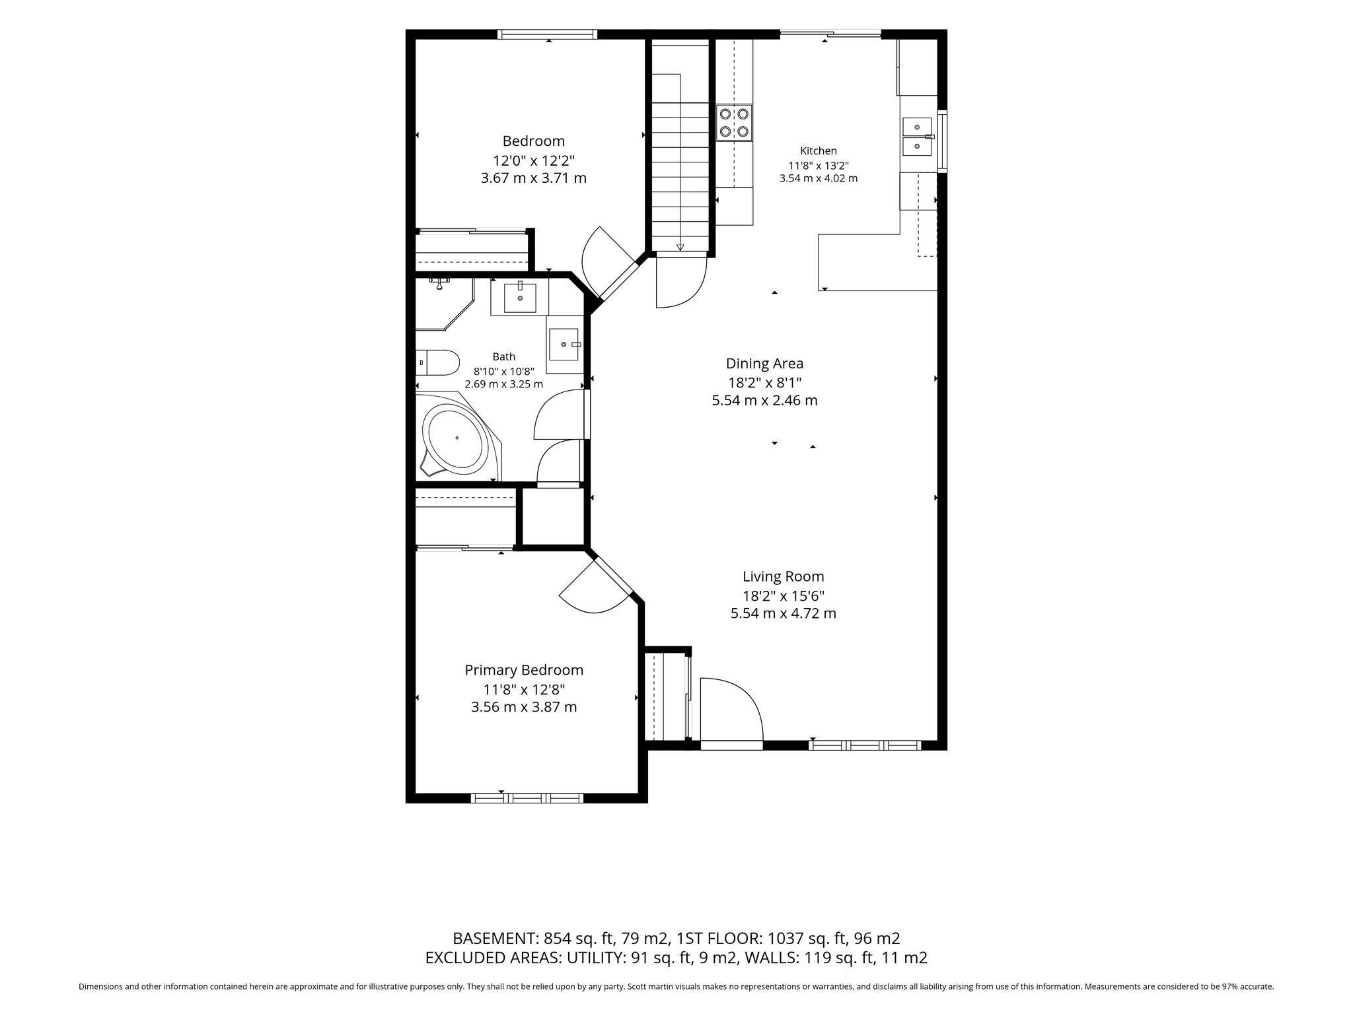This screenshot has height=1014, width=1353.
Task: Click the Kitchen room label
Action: click(818, 151)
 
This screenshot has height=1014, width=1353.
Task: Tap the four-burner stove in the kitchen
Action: click(735, 123)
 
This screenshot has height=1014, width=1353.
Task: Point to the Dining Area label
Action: click(764, 363)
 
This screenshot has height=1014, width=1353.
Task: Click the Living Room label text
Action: click(783, 576)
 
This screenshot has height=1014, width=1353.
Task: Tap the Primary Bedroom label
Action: click(524, 671)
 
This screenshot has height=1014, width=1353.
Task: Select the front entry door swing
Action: click(731, 710)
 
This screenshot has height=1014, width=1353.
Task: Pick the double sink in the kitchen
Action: click(918, 136)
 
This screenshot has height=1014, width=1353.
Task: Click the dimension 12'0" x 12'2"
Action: click(534, 160)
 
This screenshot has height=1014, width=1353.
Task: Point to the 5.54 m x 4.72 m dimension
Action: click(783, 613)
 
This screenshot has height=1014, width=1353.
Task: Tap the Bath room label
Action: click(503, 356)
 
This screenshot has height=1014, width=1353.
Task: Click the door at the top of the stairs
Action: click(681, 282)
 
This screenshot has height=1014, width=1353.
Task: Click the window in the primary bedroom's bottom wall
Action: click(527, 798)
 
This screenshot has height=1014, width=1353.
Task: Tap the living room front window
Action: click(865, 745)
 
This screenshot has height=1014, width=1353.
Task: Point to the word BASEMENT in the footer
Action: click(495, 938)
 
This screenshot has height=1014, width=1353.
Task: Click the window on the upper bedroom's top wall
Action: click(548, 34)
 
